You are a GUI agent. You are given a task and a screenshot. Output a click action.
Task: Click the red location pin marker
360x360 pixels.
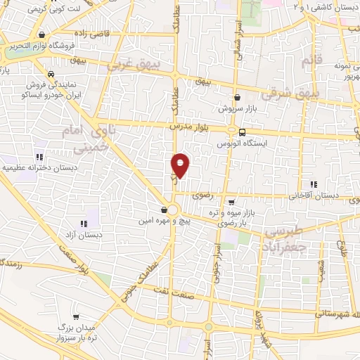181,165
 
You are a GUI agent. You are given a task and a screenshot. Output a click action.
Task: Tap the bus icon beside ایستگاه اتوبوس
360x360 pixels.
242,132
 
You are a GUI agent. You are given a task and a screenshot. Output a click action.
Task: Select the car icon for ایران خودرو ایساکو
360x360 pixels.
51,74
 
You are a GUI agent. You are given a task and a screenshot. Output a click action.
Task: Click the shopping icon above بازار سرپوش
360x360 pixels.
236,98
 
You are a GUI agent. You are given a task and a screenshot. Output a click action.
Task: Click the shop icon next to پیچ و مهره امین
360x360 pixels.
164,210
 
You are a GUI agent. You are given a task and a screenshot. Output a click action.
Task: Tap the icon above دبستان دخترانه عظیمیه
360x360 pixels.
39,157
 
